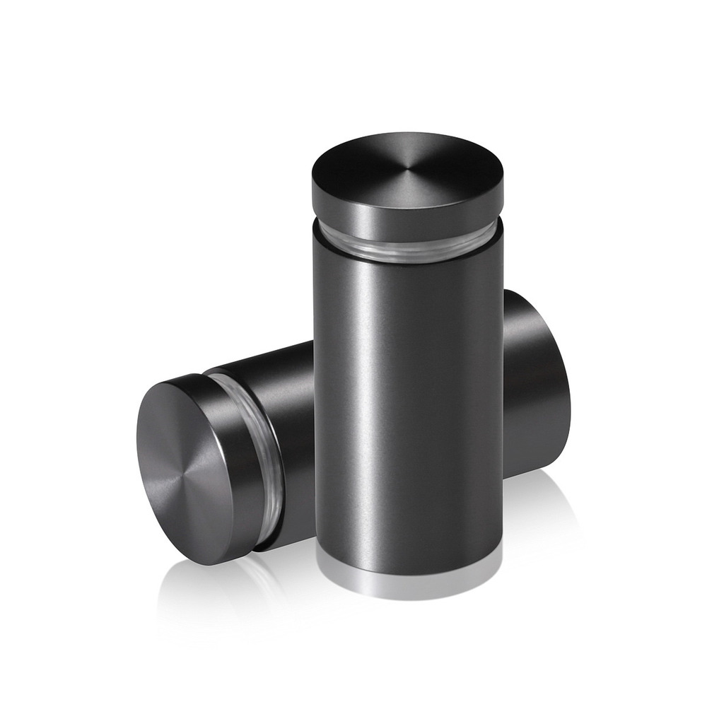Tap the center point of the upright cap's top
[x=409, y=168]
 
